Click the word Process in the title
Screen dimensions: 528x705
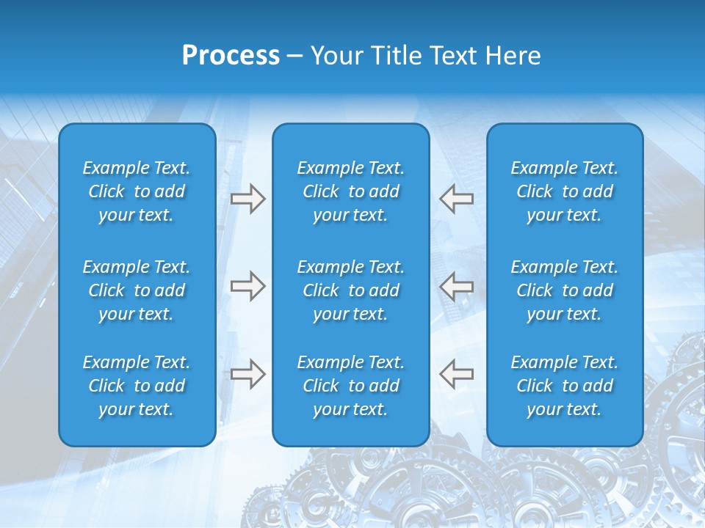point(231,56)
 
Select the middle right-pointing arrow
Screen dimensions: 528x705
point(247,286)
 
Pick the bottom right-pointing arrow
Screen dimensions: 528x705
point(247,373)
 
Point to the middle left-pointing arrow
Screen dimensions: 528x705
point(456,286)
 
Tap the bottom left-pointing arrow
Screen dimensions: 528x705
point(456,373)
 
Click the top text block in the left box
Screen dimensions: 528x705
point(136,191)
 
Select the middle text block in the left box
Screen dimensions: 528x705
point(136,290)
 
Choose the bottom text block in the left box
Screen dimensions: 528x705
point(136,386)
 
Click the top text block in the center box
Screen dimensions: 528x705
point(350,191)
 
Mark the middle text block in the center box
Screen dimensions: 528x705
point(350,290)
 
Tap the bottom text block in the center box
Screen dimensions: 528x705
point(350,386)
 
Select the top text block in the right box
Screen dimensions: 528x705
point(564,191)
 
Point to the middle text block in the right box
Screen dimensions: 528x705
point(564,290)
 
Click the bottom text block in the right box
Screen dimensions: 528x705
point(564,386)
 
